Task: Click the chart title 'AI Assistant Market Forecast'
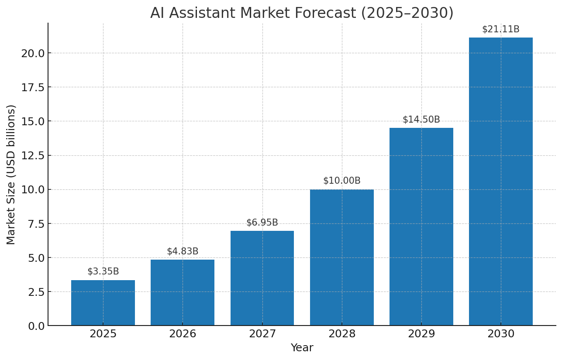click(x=302, y=13)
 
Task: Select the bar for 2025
click(x=103, y=303)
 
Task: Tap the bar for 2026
click(x=183, y=293)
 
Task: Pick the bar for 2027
click(x=262, y=278)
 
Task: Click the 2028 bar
click(x=342, y=257)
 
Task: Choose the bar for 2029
click(x=421, y=227)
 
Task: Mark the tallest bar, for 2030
click(x=501, y=182)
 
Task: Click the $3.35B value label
click(x=103, y=271)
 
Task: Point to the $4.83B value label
click(x=183, y=251)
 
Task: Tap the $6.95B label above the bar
click(x=262, y=223)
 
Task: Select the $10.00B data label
click(x=342, y=181)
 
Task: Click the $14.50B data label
click(x=421, y=120)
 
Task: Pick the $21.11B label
click(x=501, y=29)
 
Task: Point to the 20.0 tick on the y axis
click(x=33, y=53)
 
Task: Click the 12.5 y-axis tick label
click(x=33, y=155)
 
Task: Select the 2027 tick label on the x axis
click(x=262, y=334)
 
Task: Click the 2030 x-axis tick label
click(x=501, y=334)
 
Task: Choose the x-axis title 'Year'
click(x=302, y=348)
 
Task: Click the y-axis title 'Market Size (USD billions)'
click(x=11, y=175)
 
